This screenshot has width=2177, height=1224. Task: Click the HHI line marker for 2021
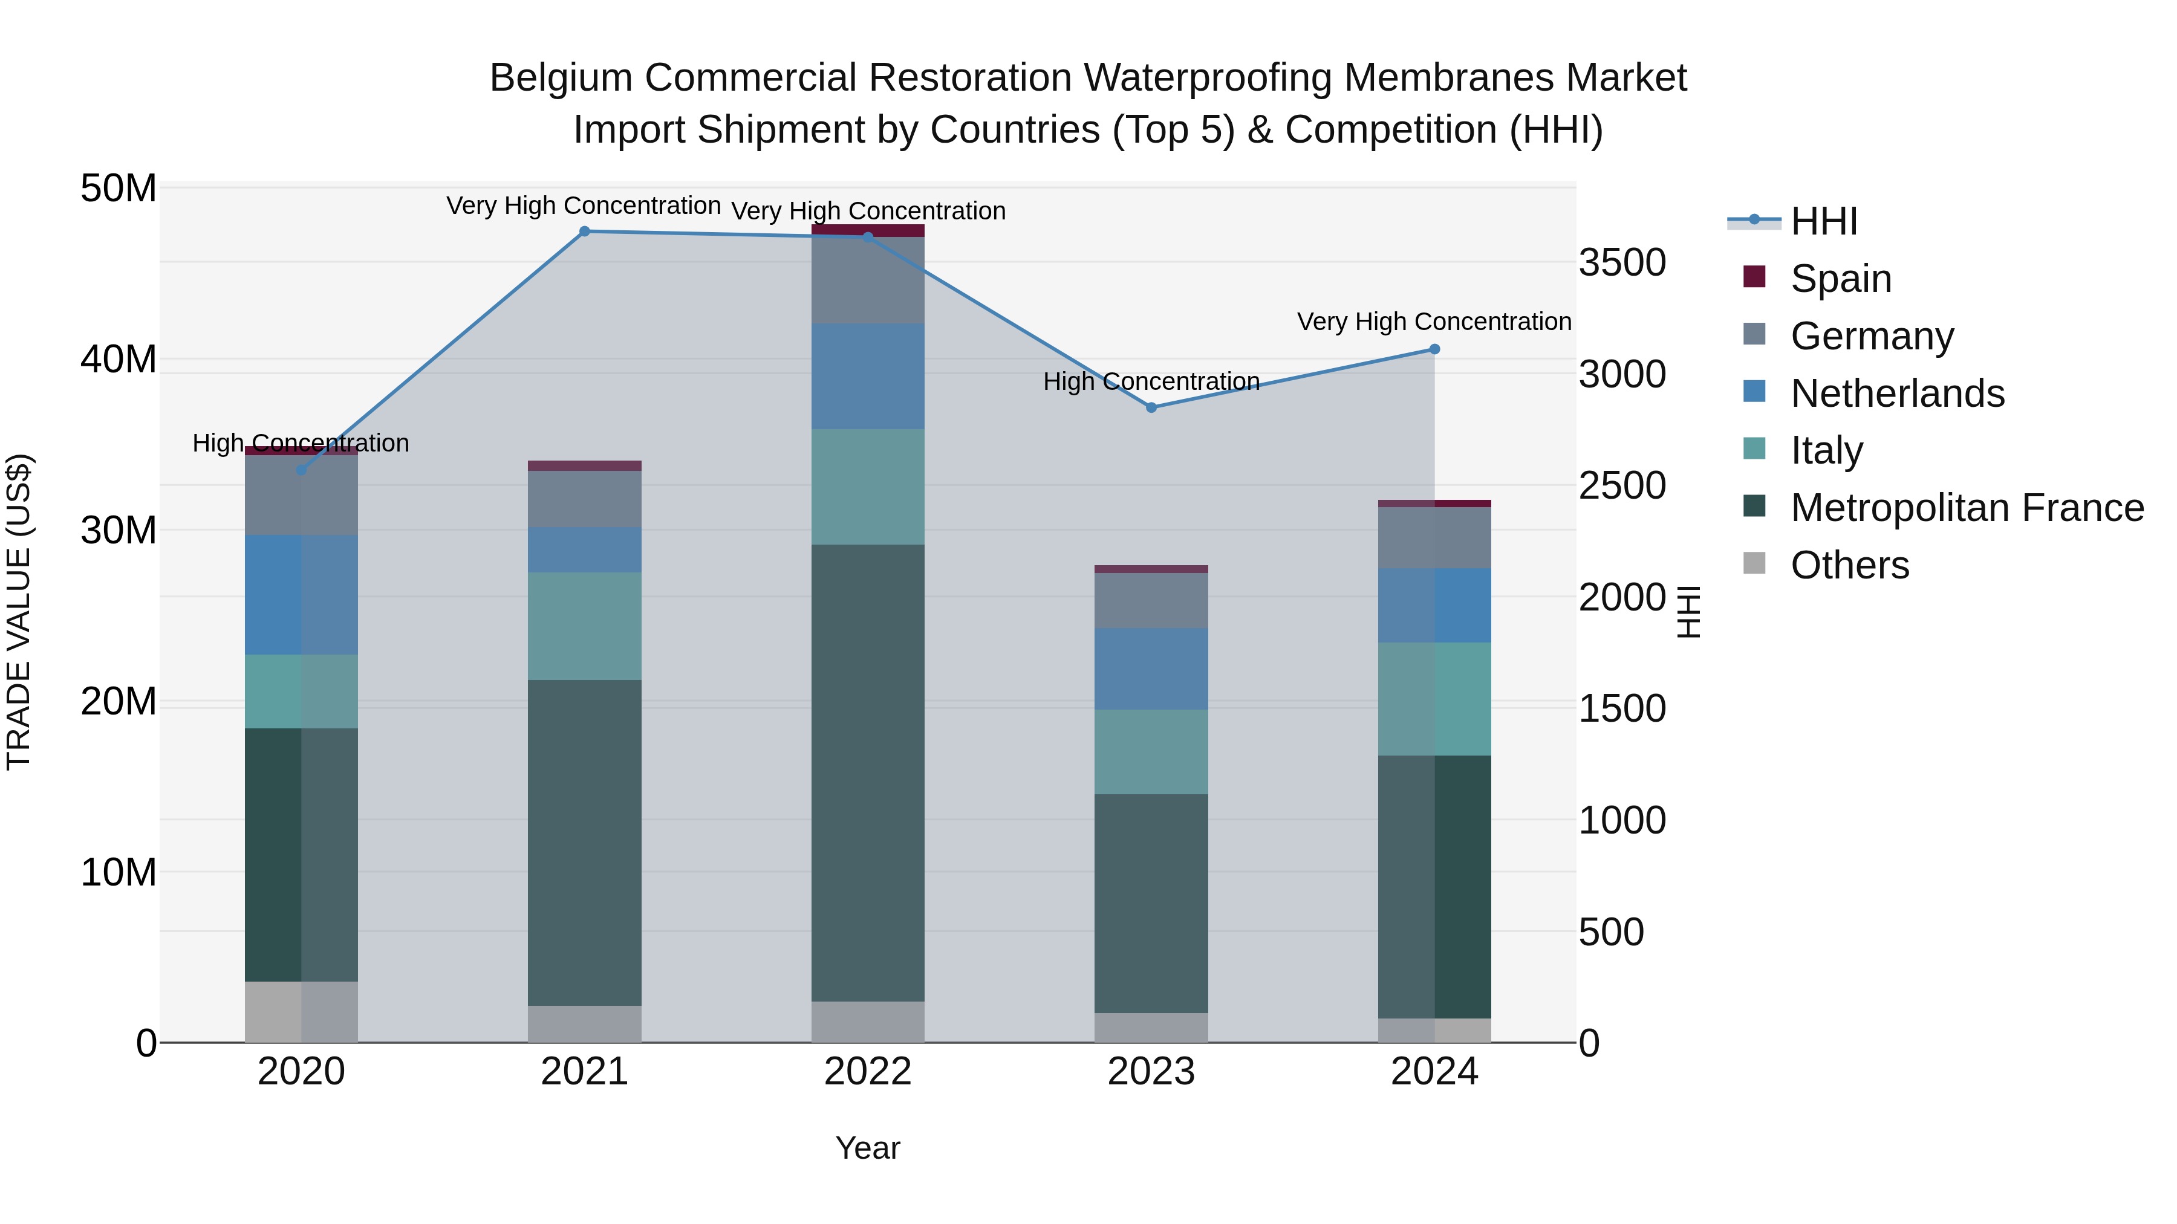584,232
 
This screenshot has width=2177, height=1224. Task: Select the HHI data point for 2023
1151,407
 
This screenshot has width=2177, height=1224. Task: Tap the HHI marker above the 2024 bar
1434,349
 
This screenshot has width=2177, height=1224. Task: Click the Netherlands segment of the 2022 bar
868,376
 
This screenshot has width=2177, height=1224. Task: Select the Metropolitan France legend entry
1967,508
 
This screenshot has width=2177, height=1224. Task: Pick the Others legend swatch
1754,563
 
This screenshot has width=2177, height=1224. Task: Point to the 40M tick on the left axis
119,360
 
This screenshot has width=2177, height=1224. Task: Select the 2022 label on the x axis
868,1072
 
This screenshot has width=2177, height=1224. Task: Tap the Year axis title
868,1148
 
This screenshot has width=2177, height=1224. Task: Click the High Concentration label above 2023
1151,382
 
